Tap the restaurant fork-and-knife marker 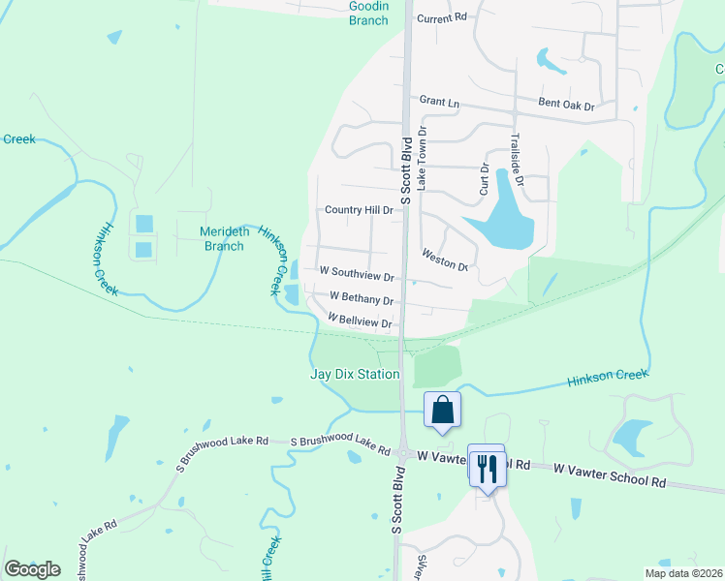[x=486, y=469]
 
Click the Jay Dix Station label [x=354, y=375]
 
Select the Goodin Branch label [x=367, y=13]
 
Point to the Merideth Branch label [x=223, y=238]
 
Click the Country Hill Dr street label [x=359, y=210]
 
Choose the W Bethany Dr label [x=362, y=300]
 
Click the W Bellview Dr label [x=360, y=321]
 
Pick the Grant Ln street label [x=438, y=100]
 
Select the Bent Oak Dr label [x=566, y=105]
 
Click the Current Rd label [x=441, y=18]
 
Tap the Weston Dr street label [x=445, y=260]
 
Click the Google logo [x=32, y=569]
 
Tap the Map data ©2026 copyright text [x=683, y=573]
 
